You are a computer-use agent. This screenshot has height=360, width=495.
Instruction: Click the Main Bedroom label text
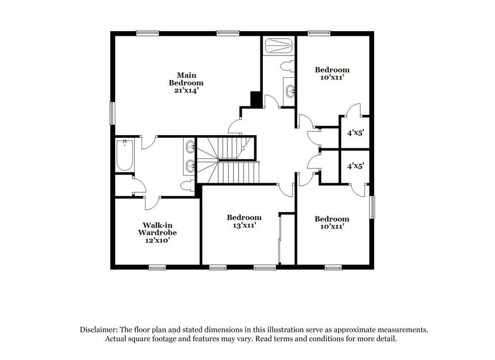[x=186, y=79]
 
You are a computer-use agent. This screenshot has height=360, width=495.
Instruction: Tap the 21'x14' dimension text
[x=186, y=91]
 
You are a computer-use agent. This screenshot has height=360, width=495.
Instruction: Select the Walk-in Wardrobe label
[x=157, y=228]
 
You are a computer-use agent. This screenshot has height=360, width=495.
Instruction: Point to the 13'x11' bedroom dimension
[x=244, y=225]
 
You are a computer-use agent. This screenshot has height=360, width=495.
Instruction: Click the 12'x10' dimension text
[x=157, y=240]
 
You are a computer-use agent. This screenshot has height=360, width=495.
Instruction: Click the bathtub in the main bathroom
[x=124, y=155]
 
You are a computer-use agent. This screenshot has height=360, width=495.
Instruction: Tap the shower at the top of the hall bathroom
[x=279, y=47]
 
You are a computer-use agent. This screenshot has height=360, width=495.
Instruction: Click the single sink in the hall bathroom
[x=290, y=91]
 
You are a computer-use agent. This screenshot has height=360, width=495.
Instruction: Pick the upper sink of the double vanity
[x=191, y=147]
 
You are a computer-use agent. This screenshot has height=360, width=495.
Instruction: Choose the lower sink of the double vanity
[x=191, y=166]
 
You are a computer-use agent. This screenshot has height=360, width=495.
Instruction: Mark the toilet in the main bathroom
[x=187, y=186]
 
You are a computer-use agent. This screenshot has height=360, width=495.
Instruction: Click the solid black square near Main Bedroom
[x=256, y=100]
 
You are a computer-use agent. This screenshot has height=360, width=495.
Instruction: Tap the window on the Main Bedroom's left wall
[x=112, y=113]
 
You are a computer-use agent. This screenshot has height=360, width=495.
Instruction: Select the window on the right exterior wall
[x=373, y=207]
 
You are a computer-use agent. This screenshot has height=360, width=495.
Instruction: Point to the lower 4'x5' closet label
[x=354, y=167]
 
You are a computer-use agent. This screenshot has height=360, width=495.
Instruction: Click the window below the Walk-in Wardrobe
[x=157, y=268]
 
